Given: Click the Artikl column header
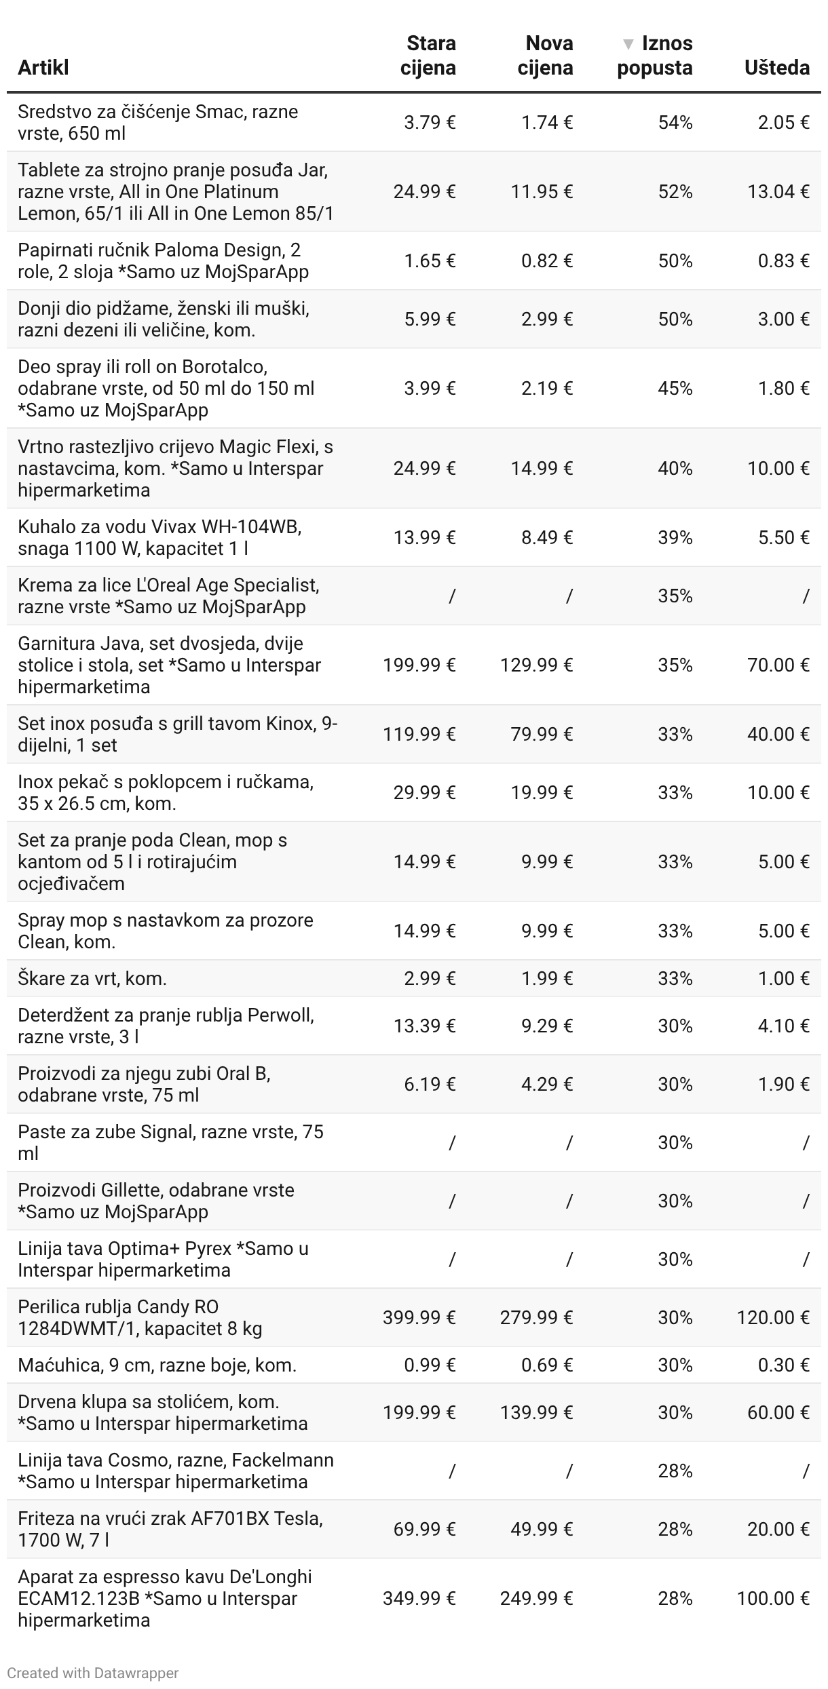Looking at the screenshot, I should [x=43, y=68].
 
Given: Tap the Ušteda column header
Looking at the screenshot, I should [x=776, y=68].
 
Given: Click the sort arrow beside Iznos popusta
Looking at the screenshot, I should [x=628, y=45].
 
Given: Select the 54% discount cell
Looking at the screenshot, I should [x=675, y=123].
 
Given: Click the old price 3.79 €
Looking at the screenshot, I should [x=430, y=123].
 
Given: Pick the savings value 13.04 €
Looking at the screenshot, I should [x=778, y=192].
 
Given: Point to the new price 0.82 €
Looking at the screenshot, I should [x=547, y=261].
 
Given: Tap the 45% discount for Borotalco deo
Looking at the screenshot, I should [x=675, y=389].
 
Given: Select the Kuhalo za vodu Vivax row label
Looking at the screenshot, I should [x=159, y=537].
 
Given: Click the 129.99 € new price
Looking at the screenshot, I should [x=536, y=665].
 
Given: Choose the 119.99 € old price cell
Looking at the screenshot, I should [x=419, y=735].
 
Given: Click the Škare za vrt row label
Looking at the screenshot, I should [x=92, y=978].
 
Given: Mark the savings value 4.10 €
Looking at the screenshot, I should [x=783, y=1026].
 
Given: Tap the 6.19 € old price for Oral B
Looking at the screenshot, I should [x=430, y=1084].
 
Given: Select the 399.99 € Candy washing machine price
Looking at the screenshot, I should [x=419, y=1317].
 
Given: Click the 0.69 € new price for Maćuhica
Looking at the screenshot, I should [x=547, y=1365].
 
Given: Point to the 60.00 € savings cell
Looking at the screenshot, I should [x=778, y=1412].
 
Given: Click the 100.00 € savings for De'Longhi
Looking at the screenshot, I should [x=773, y=1598].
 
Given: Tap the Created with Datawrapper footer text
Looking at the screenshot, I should [x=92, y=1673].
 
